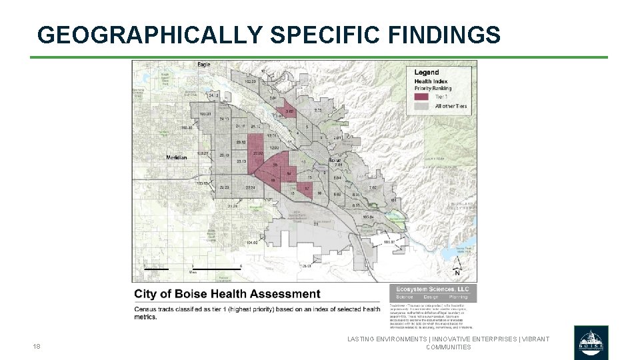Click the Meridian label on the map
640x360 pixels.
[x=177, y=157]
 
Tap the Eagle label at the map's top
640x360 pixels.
[x=204, y=65]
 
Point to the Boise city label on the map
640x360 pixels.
[x=335, y=161]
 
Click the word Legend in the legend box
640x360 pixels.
[x=426, y=72]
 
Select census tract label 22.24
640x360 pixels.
[x=250, y=188]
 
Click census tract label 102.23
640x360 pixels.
[x=250, y=81]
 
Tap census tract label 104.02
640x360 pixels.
[x=251, y=243]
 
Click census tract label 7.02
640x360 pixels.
[x=373, y=188]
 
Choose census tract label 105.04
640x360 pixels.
[x=367, y=216]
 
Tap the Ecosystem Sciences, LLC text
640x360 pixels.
[x=433, y=289]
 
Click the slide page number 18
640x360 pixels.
[x=37, y=347]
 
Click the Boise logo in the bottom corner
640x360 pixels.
[x=590, y=343]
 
